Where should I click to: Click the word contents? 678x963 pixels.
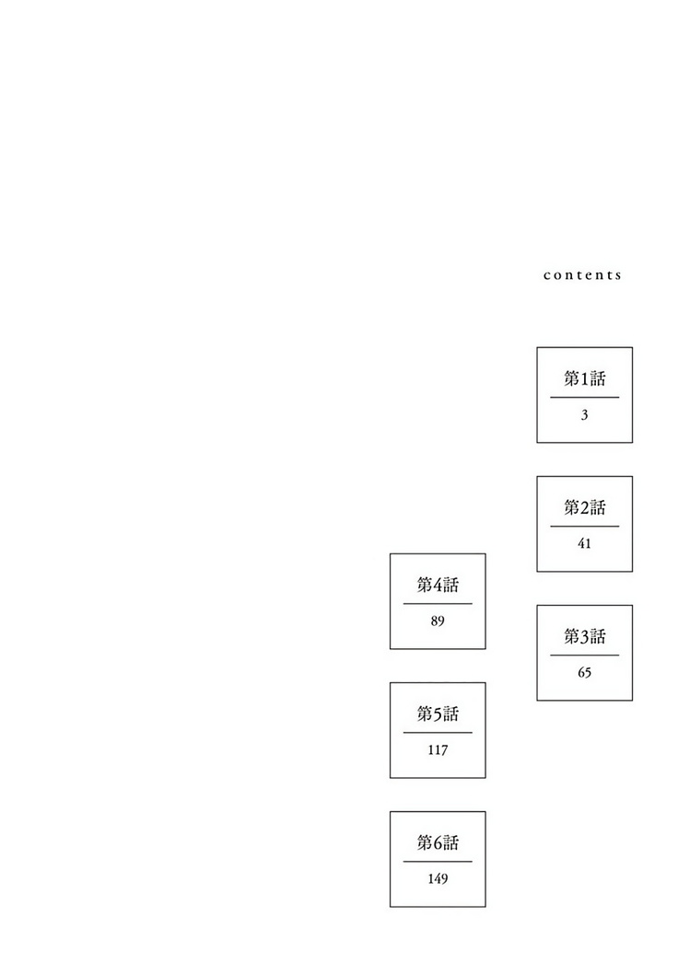click(582, 275)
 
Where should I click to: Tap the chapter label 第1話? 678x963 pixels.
click(585, 378)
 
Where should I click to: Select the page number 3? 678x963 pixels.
click(584, 415)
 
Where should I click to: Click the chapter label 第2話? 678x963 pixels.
click(585, 507)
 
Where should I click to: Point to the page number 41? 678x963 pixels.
click(584, 543)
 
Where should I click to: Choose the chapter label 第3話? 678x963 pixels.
click(585, 636)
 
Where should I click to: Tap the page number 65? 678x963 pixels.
click(584, 672)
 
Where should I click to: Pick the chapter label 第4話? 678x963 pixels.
click(438, 585)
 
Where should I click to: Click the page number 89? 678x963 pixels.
click(437, 621)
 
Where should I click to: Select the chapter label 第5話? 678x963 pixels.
click(438, 714)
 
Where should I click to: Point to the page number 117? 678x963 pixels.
click(438, 750)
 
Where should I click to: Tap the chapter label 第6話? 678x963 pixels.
click(438, 842)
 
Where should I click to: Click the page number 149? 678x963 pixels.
click(438, 879)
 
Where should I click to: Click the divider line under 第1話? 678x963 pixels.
click(585, 398)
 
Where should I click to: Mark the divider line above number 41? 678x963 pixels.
click(585, 527)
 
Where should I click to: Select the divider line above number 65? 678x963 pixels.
click(585, 656)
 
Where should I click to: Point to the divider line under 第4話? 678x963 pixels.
click(438, 604)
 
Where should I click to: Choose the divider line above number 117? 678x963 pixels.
click(438, 733)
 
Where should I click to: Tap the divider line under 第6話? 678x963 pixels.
click(438, 862)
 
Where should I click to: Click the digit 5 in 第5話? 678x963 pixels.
click(438, 714)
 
